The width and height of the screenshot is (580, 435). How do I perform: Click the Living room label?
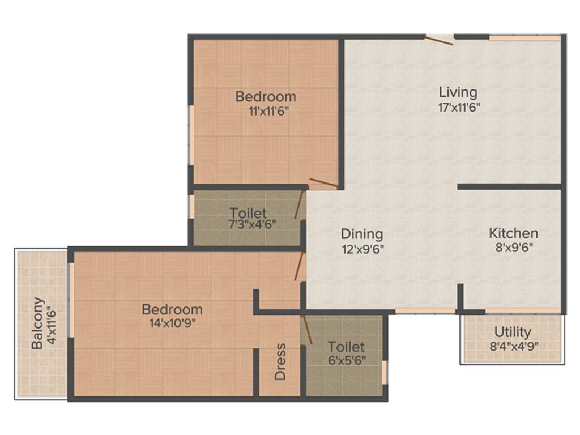pos(458,92)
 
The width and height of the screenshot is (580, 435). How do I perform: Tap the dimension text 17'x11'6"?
pos(459,107)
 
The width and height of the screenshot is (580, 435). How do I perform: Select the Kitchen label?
pos(513,233)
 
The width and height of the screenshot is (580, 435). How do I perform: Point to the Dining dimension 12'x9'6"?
pos(362,249)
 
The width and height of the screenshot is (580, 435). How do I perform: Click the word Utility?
pos(513,332)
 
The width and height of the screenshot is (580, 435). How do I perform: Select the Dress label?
pos(280,361)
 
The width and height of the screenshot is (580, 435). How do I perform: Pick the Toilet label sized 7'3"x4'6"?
pos(248,214)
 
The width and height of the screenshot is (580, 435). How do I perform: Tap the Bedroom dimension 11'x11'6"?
pos(266,111)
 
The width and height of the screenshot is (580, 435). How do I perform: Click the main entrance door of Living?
pos(439,40)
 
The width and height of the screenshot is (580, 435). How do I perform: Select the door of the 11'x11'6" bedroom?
pos(323,183)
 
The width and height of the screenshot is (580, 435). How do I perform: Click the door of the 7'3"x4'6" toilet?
pos(299,206)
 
